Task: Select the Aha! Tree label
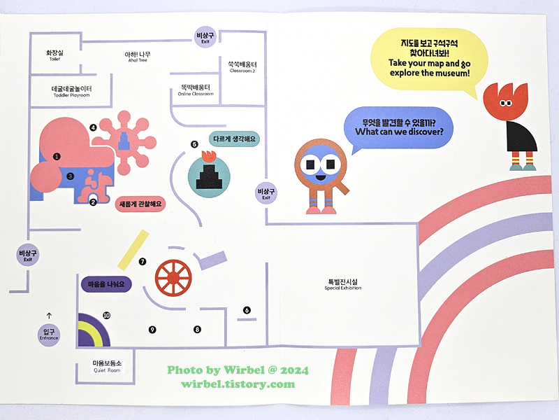point(138,57)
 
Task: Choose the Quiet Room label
point(108,367)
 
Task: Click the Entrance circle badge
point(49,334)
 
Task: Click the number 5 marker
point(194,144)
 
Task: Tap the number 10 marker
point(106,316)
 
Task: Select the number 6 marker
point(247,310)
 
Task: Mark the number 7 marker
point(143,262)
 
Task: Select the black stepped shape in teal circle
point(210,175)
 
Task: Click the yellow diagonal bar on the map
point(133,249)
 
